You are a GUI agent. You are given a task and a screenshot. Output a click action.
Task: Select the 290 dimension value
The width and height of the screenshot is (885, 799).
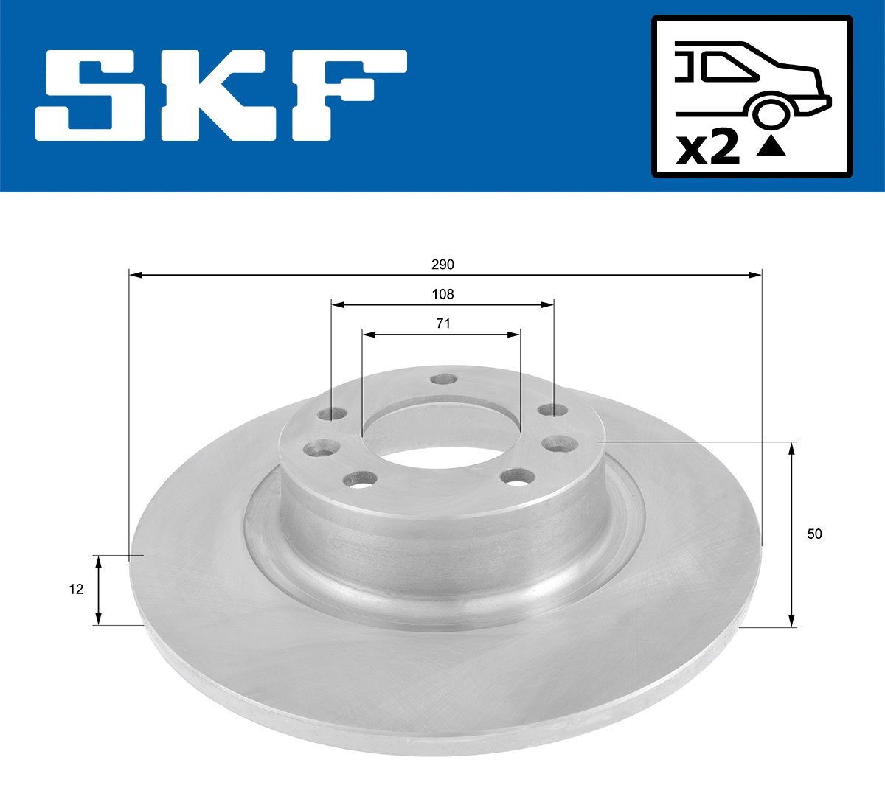(443, 265)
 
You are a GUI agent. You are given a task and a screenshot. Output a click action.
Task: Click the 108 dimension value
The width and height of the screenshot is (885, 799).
(442, 294)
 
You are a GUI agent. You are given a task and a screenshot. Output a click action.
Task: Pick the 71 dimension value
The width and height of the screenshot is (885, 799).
(442, 324)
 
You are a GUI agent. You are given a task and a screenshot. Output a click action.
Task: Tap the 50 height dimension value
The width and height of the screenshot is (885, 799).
(814, 534)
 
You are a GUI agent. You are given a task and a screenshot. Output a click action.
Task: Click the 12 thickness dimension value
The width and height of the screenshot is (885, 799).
(76, 589)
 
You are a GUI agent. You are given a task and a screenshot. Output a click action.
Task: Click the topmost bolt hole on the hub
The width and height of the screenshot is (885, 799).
(443, 379)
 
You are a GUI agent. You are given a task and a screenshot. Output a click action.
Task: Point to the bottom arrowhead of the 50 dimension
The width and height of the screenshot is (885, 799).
(792, 622)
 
